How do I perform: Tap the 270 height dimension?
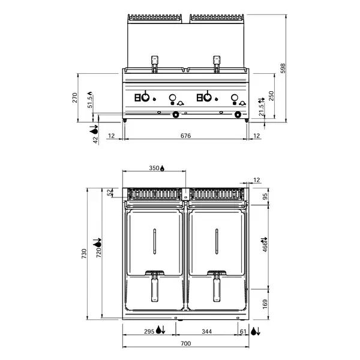coord(76,97)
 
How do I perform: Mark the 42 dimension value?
coord(95,139)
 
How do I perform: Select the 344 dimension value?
coord(206,331)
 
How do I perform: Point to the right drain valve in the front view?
coord(238,115)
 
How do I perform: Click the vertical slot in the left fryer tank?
coord(155,241)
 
